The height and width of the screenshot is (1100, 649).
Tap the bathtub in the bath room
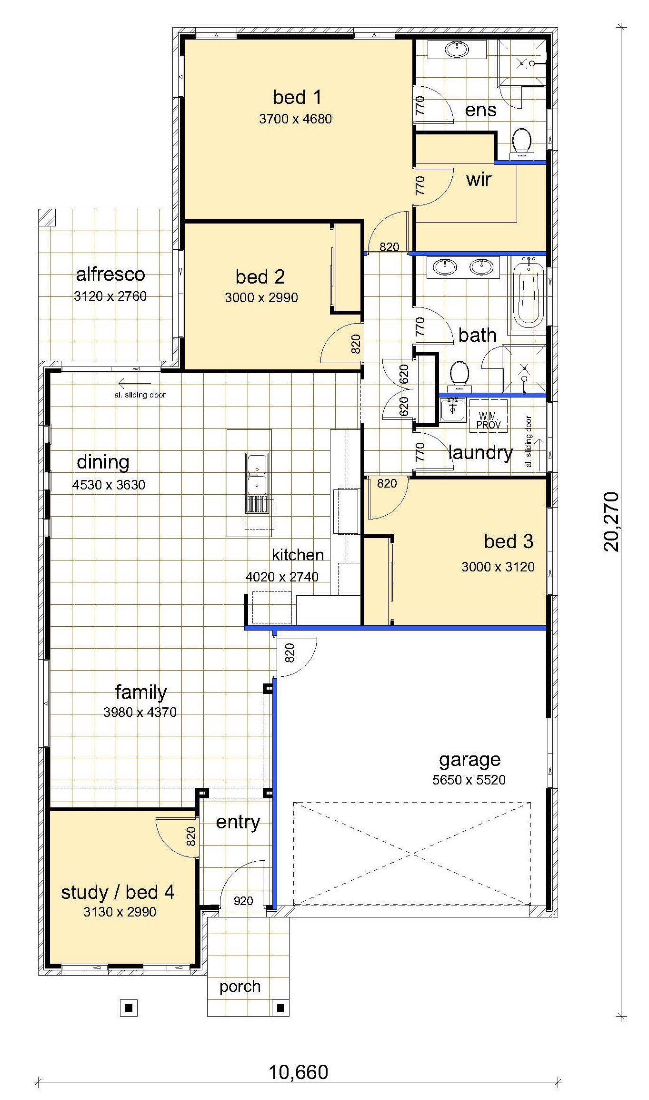tap(528, 292)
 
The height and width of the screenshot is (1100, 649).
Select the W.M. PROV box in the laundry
tap(489, 416)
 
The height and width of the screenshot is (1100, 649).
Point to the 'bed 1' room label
tap(298, 97)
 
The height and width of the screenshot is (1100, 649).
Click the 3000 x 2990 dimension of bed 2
tap(261, 297)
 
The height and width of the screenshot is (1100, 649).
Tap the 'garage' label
tap(469, 760)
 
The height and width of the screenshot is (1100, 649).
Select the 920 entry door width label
tap(243, 901)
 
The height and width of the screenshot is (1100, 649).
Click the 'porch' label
tap(240, 987)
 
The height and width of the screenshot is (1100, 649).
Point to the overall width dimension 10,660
tap(299, 1072)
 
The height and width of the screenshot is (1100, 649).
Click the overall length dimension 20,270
tap(611, 522)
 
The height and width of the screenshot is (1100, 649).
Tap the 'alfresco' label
tap(110, 274)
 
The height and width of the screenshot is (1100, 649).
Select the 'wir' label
tap(479, 179)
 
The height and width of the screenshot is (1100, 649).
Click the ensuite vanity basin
tap(457, 49)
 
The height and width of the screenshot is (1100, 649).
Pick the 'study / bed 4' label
tap(118, 892)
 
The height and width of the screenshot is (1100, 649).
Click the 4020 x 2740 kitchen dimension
tap(282, 577)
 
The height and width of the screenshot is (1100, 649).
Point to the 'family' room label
tap(141, 693)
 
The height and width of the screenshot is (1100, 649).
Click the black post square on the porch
tap(280, 1008)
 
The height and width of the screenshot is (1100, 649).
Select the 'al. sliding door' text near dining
tap(140, 395)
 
